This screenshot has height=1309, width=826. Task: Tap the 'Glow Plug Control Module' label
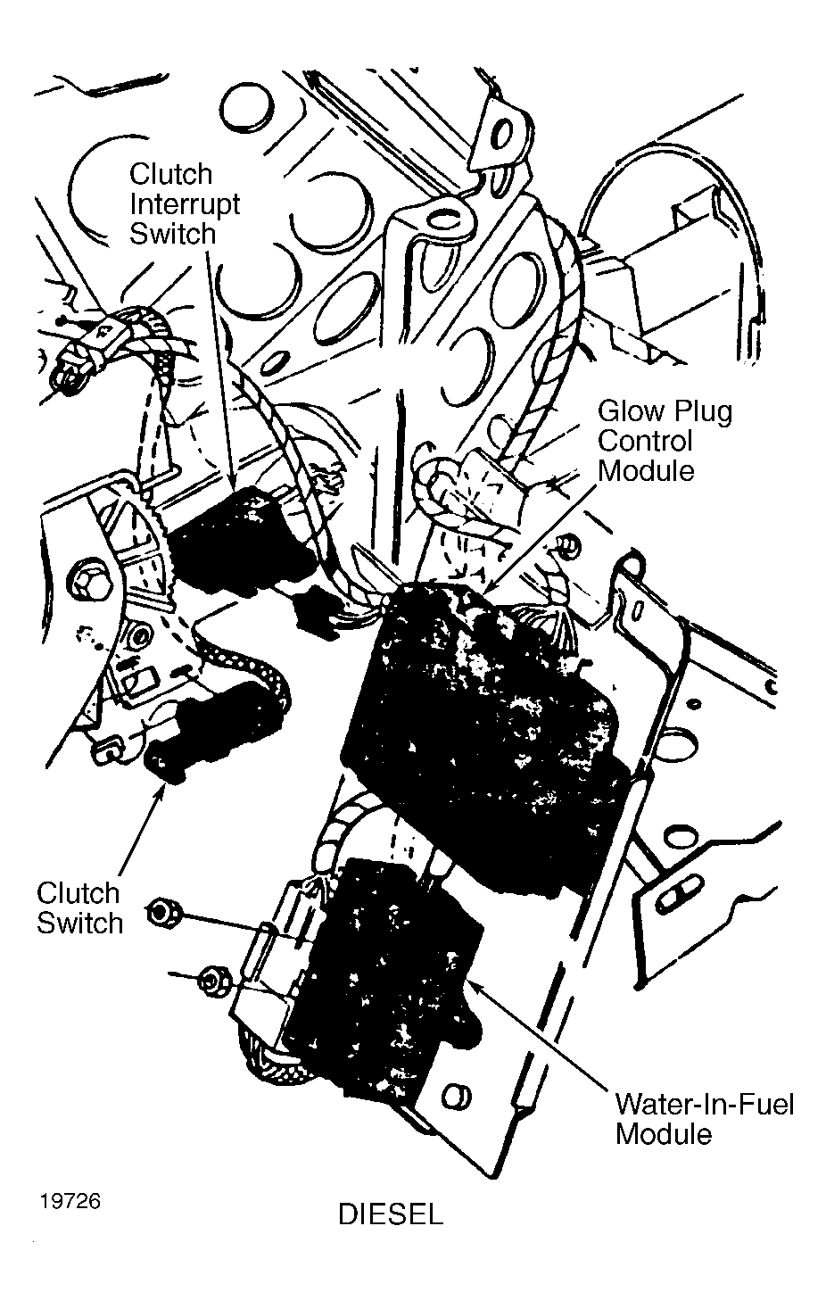click(x=664, y=441)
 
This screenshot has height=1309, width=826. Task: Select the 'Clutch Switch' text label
click(x=79, y=907)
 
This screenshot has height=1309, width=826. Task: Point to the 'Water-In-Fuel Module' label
click(x=704, y=1119)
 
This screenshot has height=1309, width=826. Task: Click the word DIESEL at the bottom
click(x=391, y=1215)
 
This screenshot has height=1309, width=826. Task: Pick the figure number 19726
click(x=70, y=1201)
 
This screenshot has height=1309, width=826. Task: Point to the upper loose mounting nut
click(x=164, y=913)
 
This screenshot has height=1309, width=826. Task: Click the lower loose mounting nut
click(x=212, y=980)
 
